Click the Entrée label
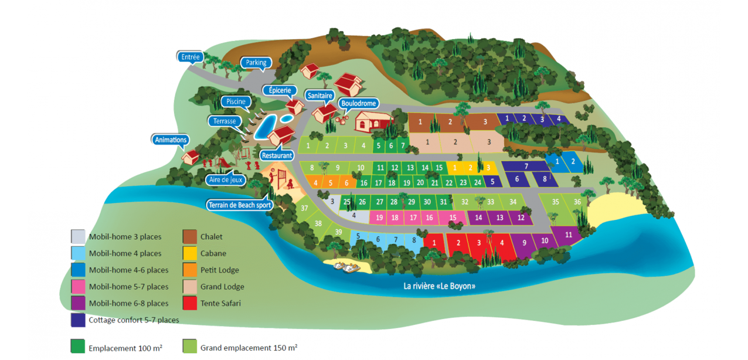pyautogui.click(x=191, y=57)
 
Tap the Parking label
pyautogui.click(x=256, y=63)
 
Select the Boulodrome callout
pyautogui.click(x=358, y=103)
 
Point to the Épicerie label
pyautogui.click(x=280, y=90)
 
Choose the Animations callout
pyautogui.click(x=171, y=140)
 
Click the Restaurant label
pyautogui.click(x=277, y=156)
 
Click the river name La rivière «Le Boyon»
pyautogui.click(x=439, y=286)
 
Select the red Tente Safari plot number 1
pyautogui.click(x=433, y=242)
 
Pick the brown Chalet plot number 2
pyautogui.click(x=450, y=122)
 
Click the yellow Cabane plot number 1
pyautogui.click(x=455, y=168)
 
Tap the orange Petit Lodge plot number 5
pyautogui.click(x=331, y=183)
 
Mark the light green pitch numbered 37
pyautogui.click(x=304, y=208)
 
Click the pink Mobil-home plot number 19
pyautogui.click(x=380, y=218)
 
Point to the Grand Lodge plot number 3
pyautogui.click(x=489, y=142)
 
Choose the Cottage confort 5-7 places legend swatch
pyautogui.click(x=78, y=320)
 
